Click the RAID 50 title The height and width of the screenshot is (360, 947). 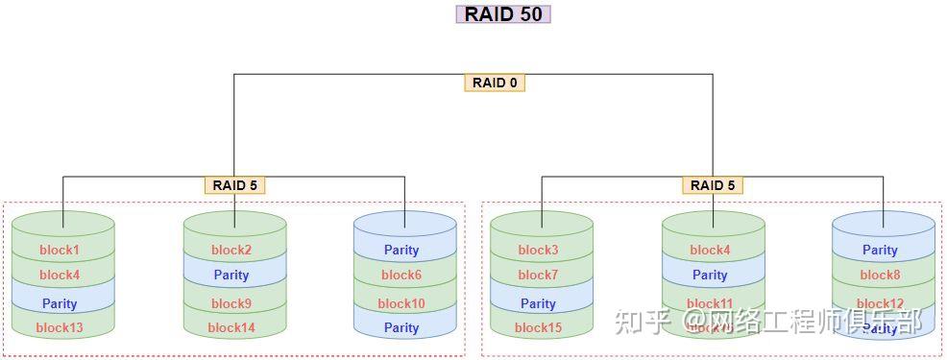501,14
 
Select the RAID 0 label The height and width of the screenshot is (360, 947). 495,83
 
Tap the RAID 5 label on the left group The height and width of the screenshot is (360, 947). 234,185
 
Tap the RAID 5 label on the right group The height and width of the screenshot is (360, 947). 713,185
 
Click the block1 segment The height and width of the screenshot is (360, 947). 60,251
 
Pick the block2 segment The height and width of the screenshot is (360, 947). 231,251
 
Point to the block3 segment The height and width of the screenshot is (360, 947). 538,251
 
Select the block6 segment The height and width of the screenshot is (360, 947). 401,276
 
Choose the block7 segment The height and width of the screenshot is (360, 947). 538,276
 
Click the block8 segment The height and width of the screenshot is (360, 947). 880,276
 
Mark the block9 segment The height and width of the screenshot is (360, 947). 231,303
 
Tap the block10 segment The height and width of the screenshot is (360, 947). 401,303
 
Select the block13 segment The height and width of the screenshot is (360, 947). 60,327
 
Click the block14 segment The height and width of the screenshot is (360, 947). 231,327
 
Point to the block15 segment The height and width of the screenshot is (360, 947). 538,327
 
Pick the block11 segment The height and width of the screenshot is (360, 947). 710,303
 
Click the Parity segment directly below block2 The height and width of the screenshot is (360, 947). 231,276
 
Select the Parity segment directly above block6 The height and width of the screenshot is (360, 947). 401,251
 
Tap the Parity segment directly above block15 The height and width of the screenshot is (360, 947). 538,303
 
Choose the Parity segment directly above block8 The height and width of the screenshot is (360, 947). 880,251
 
